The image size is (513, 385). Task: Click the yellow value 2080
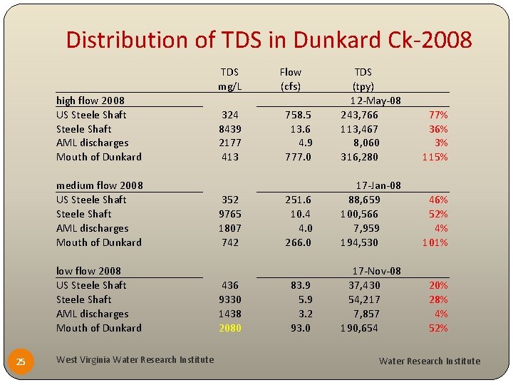(x=229, y=328)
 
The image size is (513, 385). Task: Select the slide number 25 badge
(x=21, y=361)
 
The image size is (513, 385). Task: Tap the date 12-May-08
(x=375, y=101)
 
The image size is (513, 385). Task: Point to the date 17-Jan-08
(x=378, y=185)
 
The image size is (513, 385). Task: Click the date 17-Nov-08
(x=377, y=271)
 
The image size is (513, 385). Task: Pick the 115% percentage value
(x=435, y=157)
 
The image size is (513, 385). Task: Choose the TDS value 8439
(x=229, y=129)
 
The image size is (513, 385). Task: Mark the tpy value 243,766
(x=359, y=115)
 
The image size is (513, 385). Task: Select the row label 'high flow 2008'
(x=90, y=101)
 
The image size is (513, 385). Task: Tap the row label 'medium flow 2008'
(x=99, y=185)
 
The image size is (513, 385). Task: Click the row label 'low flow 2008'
(x=88, y=271)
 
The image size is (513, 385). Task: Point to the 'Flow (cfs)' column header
(x=290, y=79)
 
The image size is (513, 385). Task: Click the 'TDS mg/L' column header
(x=229, y=79)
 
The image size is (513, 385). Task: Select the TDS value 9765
(x=229, y=214)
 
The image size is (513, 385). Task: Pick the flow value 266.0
(x=298, y=242)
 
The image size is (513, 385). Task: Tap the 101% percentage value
(x=435, y=242)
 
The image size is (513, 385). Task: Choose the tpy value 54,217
(x=363, y=299)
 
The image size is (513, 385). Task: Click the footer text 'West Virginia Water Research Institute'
(x=135, y=359)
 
